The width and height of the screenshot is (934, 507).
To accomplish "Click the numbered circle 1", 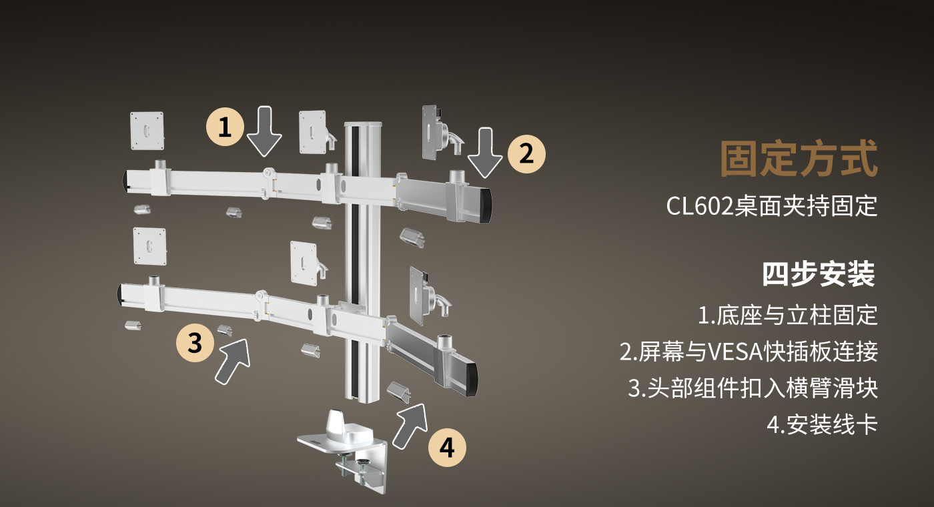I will coord(225,126).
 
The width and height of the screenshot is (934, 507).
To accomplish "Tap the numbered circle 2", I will coord(526,154).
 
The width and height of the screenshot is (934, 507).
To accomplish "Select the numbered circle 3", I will coord(195,343).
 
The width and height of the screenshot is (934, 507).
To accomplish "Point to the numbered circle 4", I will coord(447,447).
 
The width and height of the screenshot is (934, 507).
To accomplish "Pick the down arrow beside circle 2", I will coord(485,155).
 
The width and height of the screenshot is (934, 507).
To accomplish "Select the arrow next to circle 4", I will coord(410,424).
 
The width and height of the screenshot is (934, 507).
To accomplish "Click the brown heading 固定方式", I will coord(799,159).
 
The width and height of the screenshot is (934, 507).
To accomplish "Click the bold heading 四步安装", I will coord(819,274).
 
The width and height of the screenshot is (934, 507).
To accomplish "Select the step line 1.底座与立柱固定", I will coord(787,314).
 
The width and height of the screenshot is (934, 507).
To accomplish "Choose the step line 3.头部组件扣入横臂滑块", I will coord(753,388).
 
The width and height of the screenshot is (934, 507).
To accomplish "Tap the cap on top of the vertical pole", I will coord(362,126).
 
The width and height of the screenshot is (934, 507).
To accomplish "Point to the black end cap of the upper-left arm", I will coord(125,180).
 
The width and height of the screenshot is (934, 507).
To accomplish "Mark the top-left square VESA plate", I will coord(147,130).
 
